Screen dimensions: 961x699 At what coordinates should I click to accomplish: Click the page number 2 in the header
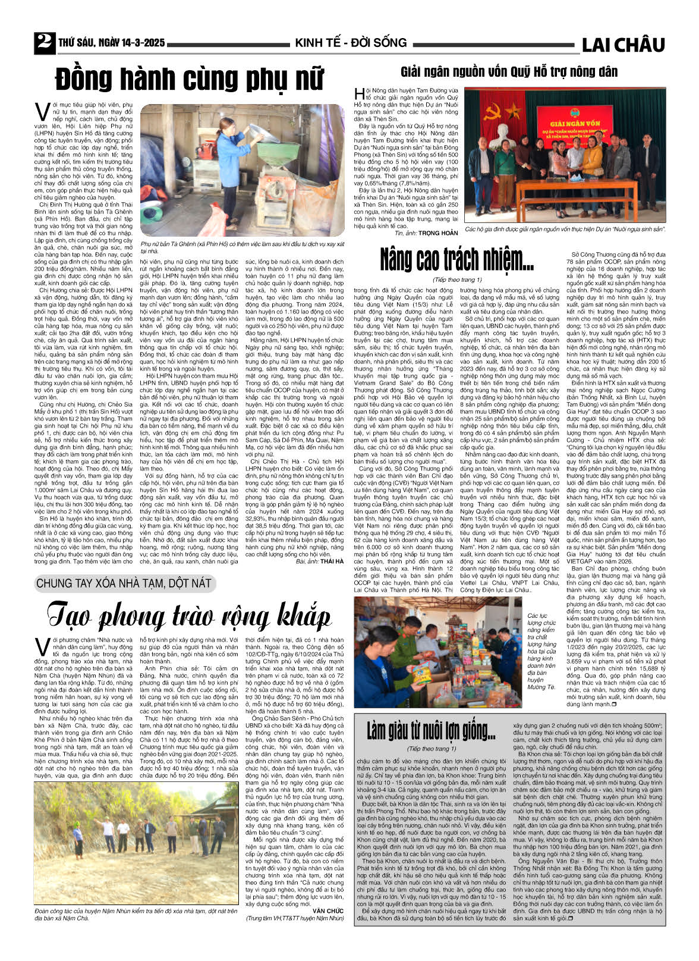coord(44,42)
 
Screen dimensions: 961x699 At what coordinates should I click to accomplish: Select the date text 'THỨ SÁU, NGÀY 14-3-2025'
coord(111,43)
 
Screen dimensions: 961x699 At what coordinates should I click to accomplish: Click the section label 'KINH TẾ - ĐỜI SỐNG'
coord(351,43)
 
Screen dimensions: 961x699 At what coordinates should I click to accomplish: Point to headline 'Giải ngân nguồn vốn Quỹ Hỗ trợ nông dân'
coord(509,73)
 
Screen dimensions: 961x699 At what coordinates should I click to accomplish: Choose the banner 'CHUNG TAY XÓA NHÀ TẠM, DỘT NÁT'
coord(124,583)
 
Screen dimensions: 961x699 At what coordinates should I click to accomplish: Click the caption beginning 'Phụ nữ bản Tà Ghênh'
coord(243,247)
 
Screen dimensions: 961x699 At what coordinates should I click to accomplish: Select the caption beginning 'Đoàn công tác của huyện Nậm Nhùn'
coord(136,914)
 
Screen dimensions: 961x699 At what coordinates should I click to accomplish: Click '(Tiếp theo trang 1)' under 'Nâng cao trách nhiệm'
coord(456,279)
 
